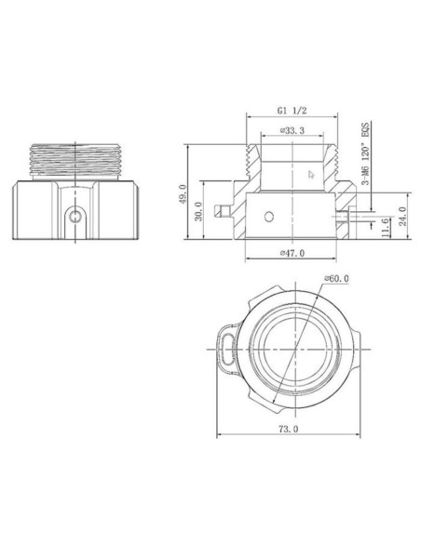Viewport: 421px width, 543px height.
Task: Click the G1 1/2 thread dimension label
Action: (x=292, y=109)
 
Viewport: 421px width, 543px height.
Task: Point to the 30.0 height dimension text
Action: (x=197, y=213)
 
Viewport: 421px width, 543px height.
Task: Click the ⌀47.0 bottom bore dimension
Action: (x=292, y=254)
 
